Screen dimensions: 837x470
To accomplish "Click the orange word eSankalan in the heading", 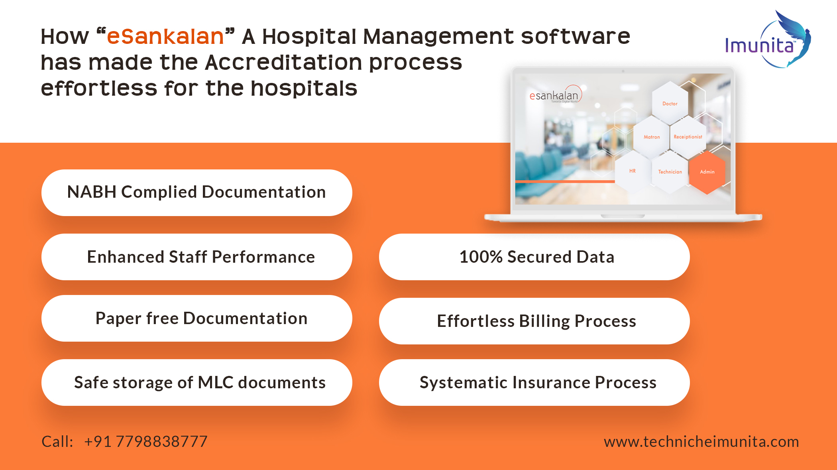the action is tap(165, 37).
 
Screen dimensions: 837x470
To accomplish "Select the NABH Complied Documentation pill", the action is tap(196, 193).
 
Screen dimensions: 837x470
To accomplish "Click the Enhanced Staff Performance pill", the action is tap(196, 257).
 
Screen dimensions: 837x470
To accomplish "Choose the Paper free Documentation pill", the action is tap(196, 318).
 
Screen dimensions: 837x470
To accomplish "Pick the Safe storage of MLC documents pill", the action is tap(196, 382).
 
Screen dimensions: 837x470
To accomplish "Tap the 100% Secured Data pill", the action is tap(534, 257).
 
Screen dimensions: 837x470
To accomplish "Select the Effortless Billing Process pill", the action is tap(534, 321).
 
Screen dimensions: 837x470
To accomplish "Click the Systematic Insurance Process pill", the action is tap(534, 382).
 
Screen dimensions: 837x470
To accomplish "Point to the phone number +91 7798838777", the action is tap(146, 442).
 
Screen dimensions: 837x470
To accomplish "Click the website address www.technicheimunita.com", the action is tap(701, 442).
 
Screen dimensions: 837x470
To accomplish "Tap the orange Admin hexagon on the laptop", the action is tap(707, 172).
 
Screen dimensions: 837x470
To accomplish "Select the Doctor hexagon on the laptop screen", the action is tap(670, 103).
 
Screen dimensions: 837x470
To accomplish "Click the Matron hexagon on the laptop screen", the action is tap(652, 137).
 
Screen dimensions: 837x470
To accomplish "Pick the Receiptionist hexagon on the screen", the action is tap(688, 137).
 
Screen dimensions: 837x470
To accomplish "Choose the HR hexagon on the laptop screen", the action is tap(633, 171).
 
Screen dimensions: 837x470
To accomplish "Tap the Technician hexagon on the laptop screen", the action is tap(670, 172).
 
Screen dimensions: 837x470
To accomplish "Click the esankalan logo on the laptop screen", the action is tap(556, 95).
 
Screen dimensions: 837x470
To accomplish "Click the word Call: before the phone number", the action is tap(57, 442).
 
